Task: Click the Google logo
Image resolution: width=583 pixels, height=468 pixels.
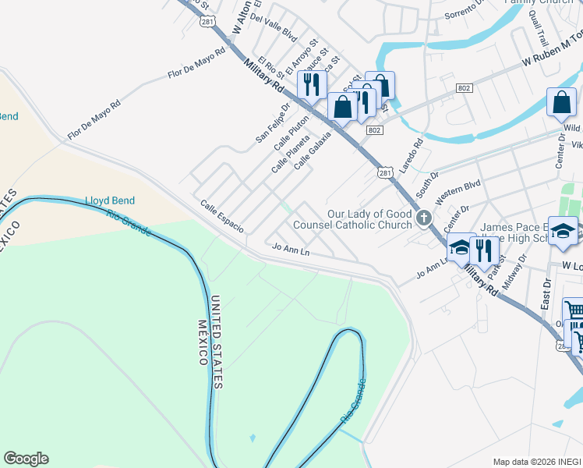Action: (x=26, y=459)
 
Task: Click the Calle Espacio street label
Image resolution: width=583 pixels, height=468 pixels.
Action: (x=222, y=216)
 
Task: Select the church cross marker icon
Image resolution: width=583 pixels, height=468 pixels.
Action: (x=424, y=218)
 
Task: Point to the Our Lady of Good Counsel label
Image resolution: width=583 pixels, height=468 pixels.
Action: (x=352, y=219)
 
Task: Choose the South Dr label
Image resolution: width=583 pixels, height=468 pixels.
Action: (x=427, y=185)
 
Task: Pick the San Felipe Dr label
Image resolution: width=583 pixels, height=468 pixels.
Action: (x=273, y=122)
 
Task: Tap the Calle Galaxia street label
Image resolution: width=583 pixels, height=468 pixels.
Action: (x=313, y=149)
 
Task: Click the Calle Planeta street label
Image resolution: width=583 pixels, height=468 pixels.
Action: (x=291, y=153)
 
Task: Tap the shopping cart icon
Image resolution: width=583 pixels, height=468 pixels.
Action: (x=574, y=311)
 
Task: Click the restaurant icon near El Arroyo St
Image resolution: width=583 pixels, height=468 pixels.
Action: (x=312, y=84)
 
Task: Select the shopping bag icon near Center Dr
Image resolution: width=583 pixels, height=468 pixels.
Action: (x=561, y=102)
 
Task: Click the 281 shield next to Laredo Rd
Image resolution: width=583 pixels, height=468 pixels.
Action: (x=384, y=173)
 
